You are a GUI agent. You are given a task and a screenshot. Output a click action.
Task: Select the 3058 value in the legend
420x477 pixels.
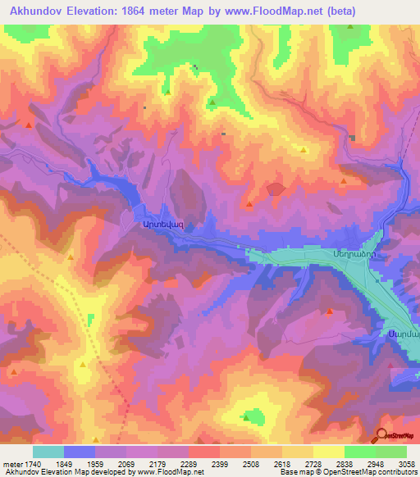[405, 463]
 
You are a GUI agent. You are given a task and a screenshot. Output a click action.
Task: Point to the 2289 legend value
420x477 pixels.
[198, 463]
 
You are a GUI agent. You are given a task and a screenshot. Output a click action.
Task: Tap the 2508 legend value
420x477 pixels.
[260, 463]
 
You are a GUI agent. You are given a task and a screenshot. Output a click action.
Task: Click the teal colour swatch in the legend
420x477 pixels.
[48, 452]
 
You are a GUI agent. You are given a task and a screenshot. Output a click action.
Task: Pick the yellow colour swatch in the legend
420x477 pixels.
[329, 452]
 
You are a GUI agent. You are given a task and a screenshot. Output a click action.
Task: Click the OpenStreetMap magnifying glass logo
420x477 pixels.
[381, 434]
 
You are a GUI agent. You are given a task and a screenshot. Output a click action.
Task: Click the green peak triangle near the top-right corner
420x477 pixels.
[350, 26]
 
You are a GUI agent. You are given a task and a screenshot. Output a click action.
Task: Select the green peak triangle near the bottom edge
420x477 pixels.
[245, 417]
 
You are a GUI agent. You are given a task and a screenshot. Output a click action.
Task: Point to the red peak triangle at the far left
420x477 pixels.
[29, 125]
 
